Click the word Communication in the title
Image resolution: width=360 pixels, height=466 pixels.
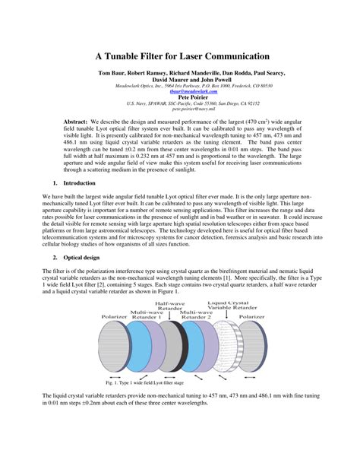(232, 56)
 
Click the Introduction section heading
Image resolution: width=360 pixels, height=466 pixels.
(79, 183)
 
